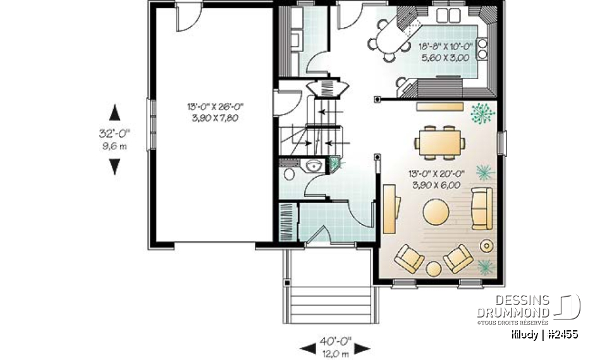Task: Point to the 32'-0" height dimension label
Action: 114,133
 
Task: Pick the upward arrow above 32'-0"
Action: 114,113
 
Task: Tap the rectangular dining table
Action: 441,140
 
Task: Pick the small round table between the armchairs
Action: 434,269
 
